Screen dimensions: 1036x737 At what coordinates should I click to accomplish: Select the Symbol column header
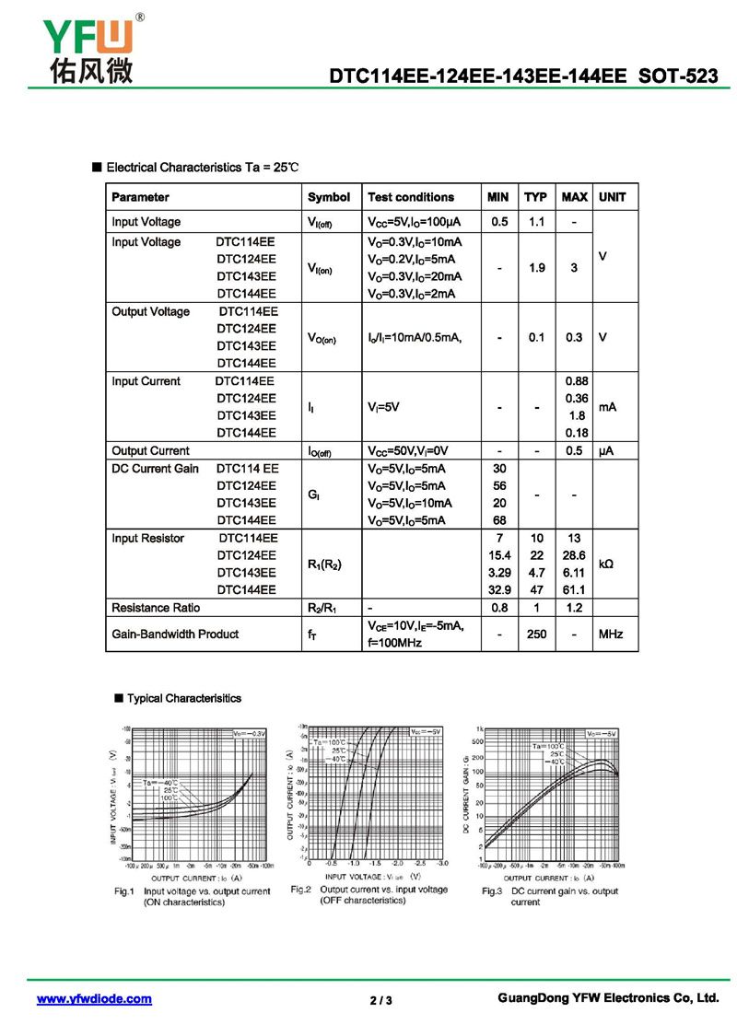(328, 197)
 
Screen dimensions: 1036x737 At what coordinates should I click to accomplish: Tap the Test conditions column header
(410, 197)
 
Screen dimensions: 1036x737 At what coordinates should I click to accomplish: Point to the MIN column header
(497, 197)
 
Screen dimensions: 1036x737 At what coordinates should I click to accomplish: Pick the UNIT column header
(612, 197)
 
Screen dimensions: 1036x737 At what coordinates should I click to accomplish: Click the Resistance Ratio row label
(155, 608)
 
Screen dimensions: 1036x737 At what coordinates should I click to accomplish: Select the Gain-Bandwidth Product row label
(174, 634)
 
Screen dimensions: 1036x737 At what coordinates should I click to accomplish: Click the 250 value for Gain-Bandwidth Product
(536, 634)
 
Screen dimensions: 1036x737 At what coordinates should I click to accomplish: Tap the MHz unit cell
(612, 634)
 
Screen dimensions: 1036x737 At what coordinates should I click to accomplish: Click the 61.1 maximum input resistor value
(574, 589)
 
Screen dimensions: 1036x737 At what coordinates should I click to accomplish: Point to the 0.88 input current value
(576, 381)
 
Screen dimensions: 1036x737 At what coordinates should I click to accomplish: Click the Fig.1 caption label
(124, 891)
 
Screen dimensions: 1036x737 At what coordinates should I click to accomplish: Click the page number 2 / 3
(380, 1000)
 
